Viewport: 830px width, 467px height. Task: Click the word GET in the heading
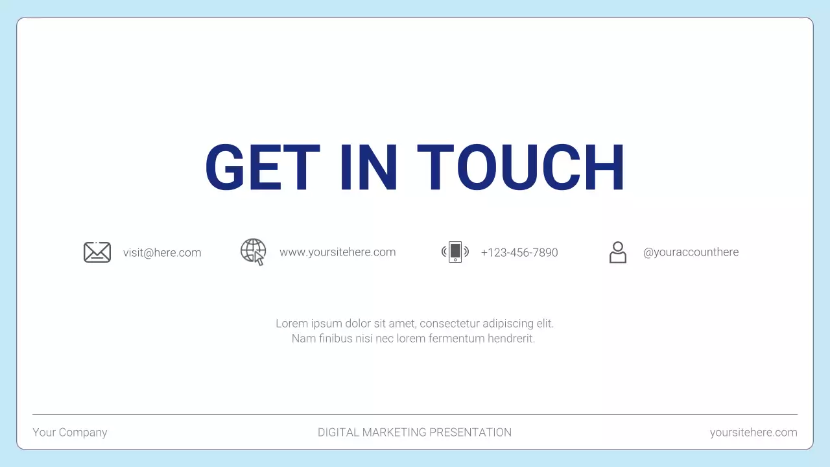(262, 167)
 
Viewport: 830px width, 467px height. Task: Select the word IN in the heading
(368, 167)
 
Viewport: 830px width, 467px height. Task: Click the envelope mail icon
(97, 252)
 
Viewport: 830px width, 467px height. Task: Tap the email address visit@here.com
(162, 253)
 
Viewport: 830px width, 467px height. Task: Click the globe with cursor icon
(254, 252)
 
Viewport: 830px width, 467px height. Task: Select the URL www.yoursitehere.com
(337, 252)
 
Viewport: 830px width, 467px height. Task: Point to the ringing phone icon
(455, 252)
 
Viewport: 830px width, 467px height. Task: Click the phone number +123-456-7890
(519, 253)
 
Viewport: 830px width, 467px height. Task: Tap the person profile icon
(618, 252)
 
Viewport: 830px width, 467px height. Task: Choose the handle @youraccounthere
(691, 252)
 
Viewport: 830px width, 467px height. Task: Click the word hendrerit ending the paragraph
(511, 339)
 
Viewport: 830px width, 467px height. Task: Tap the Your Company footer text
(70, 433)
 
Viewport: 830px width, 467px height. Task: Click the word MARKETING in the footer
(396, 433)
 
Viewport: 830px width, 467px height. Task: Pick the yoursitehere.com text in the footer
(753, 433)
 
